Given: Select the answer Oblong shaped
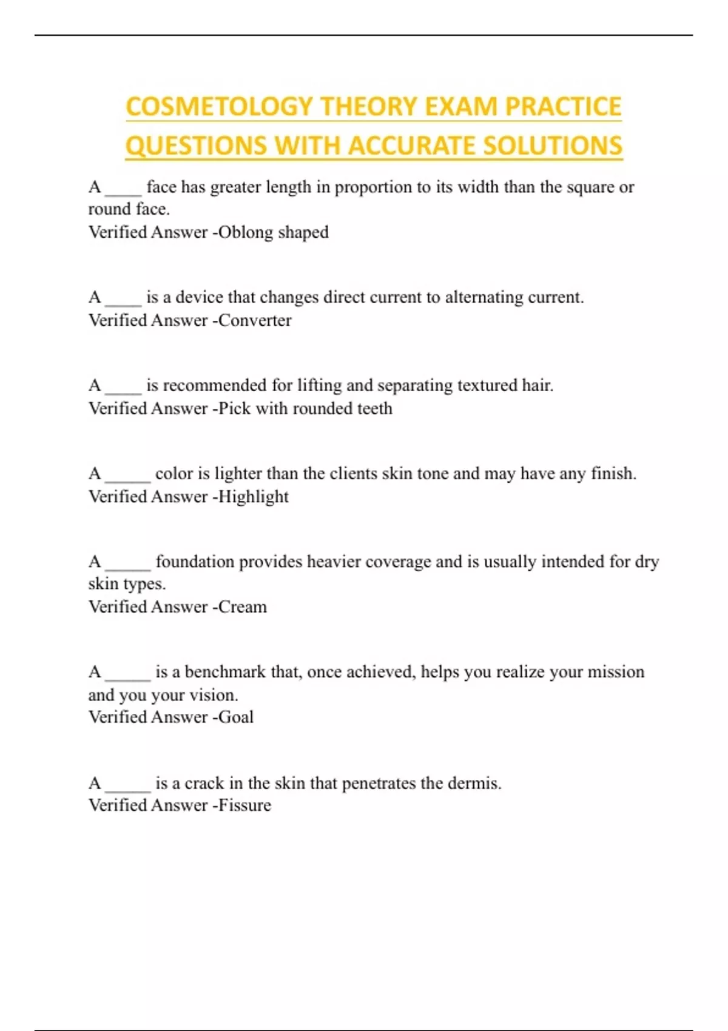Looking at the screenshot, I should point(274,232).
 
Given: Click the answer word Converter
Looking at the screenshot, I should point(255,320).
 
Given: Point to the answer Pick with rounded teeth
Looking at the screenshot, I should point(305,408).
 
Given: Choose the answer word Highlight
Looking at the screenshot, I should point(254,497).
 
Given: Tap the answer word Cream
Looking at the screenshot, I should point(243,607).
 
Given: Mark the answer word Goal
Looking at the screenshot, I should point(236,717).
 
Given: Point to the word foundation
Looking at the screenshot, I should point(195,562).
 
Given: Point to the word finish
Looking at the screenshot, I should point(613,474).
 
